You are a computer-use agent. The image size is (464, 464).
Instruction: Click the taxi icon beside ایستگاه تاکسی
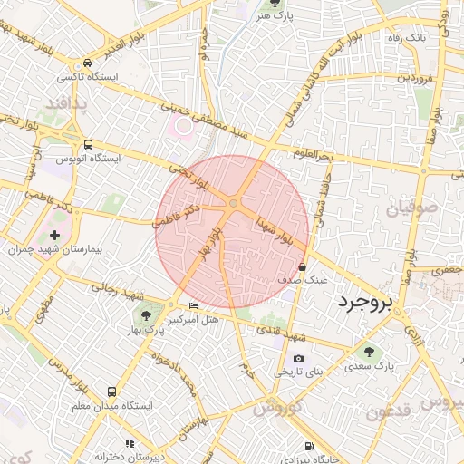[86, 63]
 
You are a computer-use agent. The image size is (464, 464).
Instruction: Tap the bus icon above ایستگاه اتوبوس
[88, 144]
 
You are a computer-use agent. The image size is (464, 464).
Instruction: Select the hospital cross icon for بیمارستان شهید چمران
[54, 235]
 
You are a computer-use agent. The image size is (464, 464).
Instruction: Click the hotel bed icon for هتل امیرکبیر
[192, 305]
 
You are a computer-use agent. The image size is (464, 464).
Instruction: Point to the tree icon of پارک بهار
[145, 314]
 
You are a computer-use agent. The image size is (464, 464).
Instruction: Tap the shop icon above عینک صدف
[302, 266]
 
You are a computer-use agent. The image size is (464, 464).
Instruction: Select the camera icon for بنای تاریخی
[298, 358]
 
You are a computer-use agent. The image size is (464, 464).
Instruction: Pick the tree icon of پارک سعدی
[368, 351]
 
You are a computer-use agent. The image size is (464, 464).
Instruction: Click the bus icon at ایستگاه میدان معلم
[111, 391]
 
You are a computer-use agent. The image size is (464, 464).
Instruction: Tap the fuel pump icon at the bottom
[310, 446]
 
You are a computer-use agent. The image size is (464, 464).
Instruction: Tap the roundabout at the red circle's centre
[233, 204]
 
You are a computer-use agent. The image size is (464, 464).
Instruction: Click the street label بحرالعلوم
[314, 153]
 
